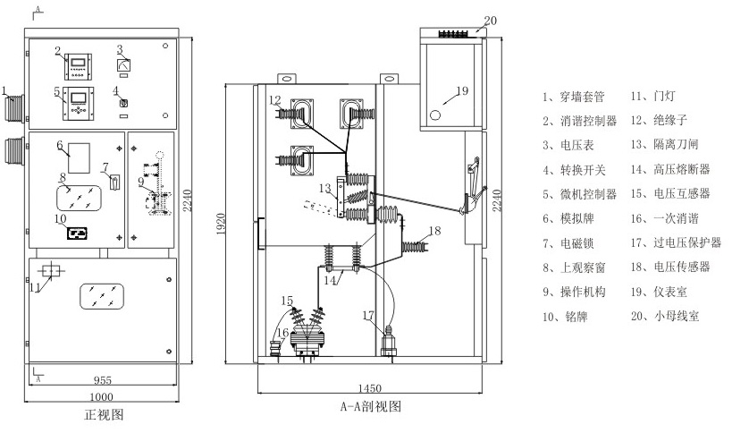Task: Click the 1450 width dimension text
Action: (369, 387)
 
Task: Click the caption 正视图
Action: (103, 414)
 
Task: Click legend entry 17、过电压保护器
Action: (676, 242)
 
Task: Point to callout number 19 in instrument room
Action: (462, 90)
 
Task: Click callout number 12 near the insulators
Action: (275, 99)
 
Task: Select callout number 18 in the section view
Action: (435, 231)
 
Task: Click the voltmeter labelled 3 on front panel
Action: (125, 64)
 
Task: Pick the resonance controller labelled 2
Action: (77, 65)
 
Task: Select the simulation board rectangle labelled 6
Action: (80, 157)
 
